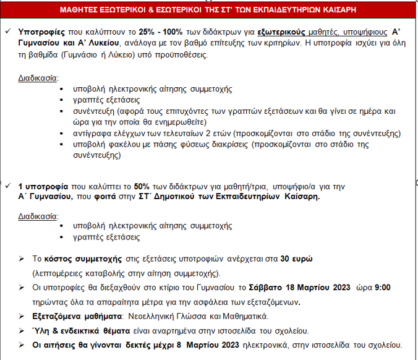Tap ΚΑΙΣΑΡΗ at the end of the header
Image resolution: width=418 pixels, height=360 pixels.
(x=353, y=11)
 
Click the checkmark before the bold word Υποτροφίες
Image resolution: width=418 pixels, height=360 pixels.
(x=7, y=30)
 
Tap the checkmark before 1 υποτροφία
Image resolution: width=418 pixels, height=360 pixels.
(x=7, y=186)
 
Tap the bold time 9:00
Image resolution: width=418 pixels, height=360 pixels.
(x=382, y=288)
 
